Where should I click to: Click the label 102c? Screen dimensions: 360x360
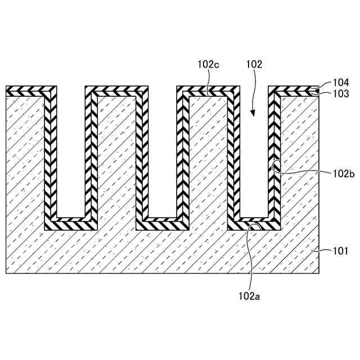(x=208, y=65)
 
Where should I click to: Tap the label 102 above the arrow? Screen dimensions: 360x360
(x=254, y=65)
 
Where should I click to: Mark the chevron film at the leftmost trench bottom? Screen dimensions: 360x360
(x=71, y=223)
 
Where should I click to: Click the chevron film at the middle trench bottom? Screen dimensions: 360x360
(x=163, y=223)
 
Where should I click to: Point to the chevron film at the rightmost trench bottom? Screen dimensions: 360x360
(x=254, y=223)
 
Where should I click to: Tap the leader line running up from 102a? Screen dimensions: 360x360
(x=251, y=259)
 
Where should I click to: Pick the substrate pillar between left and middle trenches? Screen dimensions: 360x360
(x=116, y=157)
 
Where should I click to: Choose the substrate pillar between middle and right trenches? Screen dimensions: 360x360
(x=208, y=157)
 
